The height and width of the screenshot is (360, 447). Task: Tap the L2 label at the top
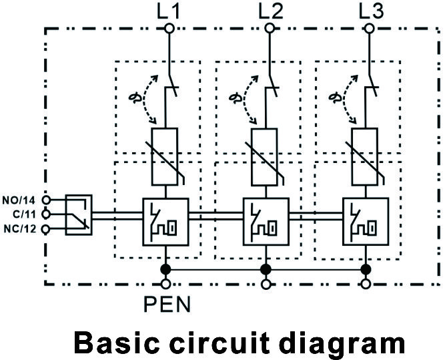tap(270, 11)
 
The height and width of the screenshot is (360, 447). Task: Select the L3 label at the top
tap(370, 11)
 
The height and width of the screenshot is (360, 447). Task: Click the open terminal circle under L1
tap(169, 28)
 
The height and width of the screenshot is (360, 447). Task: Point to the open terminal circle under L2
tap(270, 28)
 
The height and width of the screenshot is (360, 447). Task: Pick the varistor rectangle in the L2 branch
tap(266, 156)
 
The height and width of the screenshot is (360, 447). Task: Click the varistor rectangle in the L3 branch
tap(366, 156)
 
